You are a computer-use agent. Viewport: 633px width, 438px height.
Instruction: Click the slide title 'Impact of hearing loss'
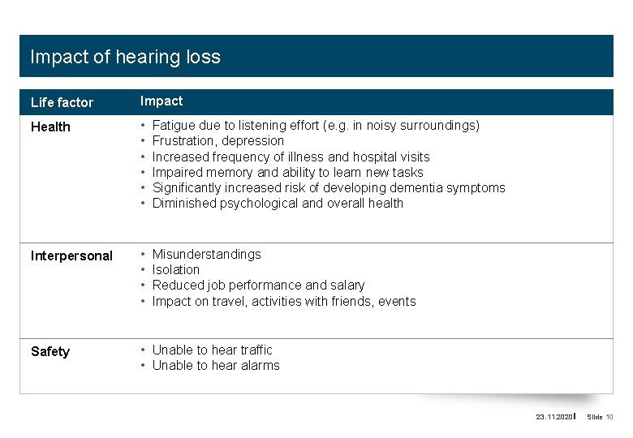coord(125,57)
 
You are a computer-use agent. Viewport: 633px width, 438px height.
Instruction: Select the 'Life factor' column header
coord(62,102)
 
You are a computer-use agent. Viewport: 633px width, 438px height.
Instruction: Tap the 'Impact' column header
coord(161,101)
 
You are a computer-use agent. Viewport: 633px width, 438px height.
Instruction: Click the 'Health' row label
coord(50,127)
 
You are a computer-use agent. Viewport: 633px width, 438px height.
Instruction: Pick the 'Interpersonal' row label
coord(71,255)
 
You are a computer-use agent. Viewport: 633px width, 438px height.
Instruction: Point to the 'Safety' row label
coord(50,351)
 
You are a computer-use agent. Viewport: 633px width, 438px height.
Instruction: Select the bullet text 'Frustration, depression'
coord(218,141)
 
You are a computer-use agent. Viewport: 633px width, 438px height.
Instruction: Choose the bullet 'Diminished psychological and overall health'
coord(278,203)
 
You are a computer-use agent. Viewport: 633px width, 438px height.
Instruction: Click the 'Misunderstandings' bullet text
coord(207,254)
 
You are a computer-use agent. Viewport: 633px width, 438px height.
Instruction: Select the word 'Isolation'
coord(176,269)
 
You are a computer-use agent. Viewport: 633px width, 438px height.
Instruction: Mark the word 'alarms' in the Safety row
coord(260,365)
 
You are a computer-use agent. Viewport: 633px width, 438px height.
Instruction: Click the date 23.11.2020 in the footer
coord(553,417)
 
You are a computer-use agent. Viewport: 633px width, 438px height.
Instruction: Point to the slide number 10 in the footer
coord(609,417)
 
